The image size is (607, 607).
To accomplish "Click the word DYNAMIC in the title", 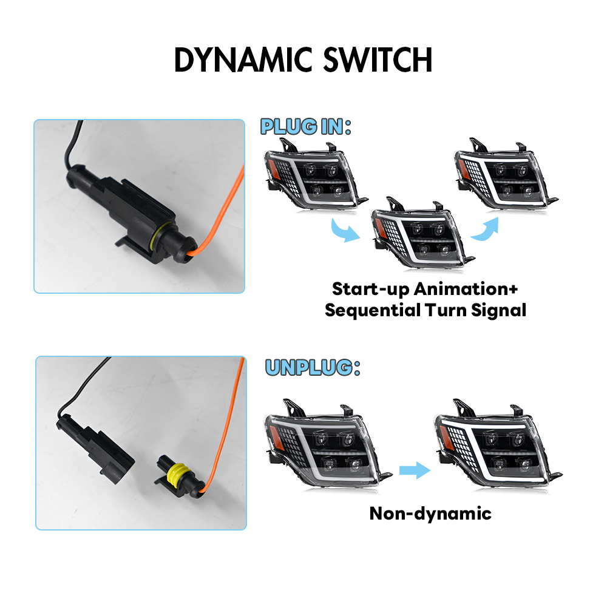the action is (243, 59).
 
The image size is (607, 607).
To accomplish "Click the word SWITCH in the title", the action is (378, 59).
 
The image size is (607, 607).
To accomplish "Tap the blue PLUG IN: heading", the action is (306, 127).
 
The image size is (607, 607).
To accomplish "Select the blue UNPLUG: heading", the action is (313, 367).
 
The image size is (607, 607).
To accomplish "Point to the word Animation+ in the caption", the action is (466, 289).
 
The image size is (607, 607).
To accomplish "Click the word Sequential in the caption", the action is (373, 310).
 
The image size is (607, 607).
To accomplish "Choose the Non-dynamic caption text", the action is (430, 514).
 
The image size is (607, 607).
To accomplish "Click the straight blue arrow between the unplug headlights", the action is (415, 470).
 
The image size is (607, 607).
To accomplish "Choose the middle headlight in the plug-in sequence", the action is (422, 232).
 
